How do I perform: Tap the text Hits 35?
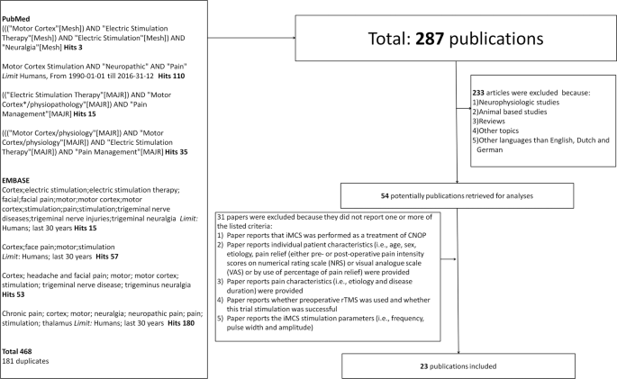point(188,155)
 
